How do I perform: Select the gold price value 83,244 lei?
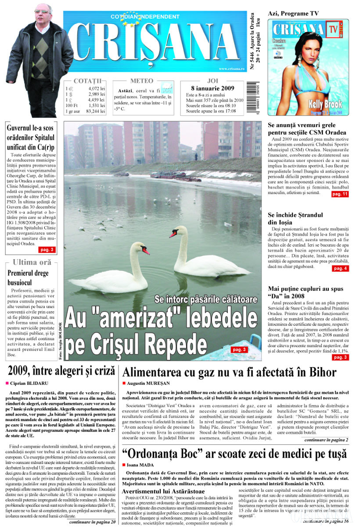click(x=95, y=111)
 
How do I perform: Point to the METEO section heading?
click(x=142, y=81)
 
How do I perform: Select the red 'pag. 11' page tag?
click(x=340, y=194)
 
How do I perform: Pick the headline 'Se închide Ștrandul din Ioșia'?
click(x=295, y=218)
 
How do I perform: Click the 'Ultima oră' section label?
click(x=32, y=262)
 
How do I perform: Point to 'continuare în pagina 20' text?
click(x=92, y=522)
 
